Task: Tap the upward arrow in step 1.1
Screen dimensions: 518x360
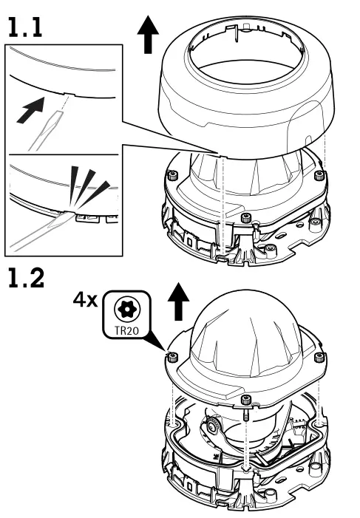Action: pos(149,35)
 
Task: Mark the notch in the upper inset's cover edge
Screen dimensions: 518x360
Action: pos(64,95)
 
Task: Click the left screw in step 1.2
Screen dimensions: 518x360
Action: pos(171,358)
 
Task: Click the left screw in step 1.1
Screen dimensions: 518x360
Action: pos(171,176)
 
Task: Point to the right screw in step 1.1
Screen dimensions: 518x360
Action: pos(319,174)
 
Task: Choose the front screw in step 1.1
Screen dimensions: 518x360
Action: pos(245,219)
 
